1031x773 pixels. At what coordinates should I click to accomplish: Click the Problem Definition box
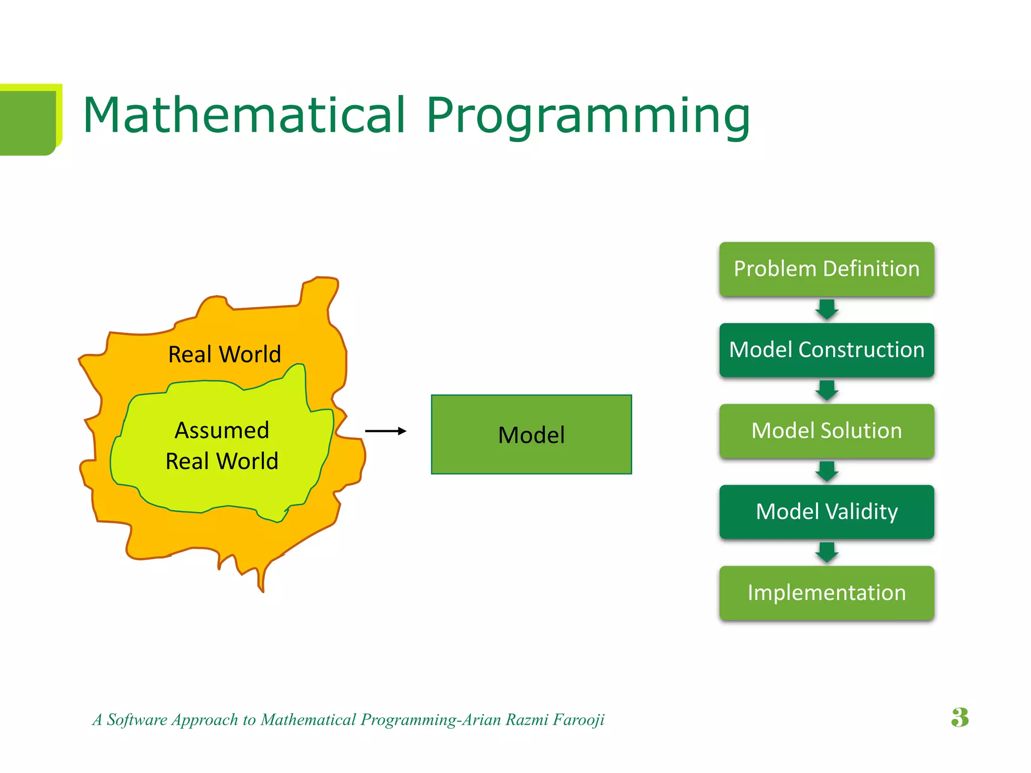tap(826, 269)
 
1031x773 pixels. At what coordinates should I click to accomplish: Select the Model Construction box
tap(826, 350)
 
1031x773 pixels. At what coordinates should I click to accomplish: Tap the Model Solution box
tap(826, 431)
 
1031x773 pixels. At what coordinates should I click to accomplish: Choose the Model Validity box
tap(826, 512)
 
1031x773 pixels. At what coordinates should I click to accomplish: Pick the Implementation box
tap(826, 593)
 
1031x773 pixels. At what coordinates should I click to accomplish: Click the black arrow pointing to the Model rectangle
tap(386, 431)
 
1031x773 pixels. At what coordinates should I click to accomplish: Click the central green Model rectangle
tap(531, 434)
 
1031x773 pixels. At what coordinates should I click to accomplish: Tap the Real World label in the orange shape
tap(224, 354)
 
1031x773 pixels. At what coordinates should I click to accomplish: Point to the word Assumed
tap(222, 430)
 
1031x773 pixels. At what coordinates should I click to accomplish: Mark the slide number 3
tap(960, 718)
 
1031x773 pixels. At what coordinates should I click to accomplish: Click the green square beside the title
tap(28, 121)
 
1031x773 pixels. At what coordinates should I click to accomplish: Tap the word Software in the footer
tap(136, 720)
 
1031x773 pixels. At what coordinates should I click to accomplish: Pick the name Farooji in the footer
tap(578, 720)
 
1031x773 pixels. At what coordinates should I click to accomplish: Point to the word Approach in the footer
tap(205, 720)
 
